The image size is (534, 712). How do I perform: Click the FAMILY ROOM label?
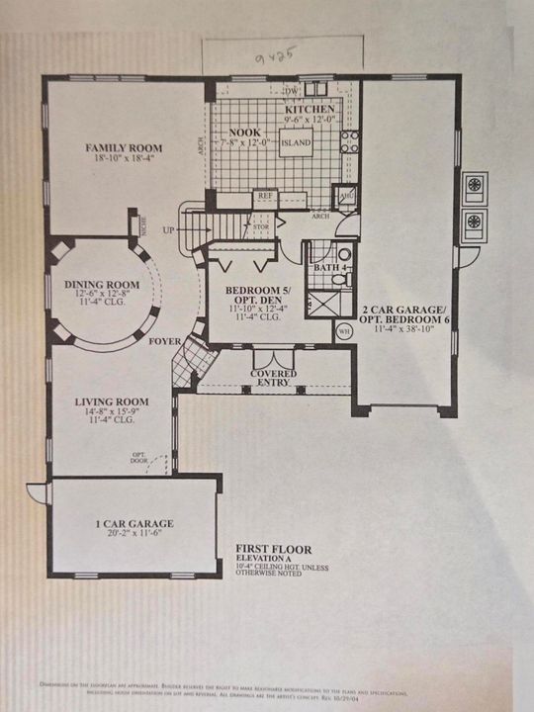[124, 148]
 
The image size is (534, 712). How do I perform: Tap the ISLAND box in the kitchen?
[295, 143]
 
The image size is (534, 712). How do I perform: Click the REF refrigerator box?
[264, 196]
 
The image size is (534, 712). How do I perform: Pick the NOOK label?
[244, 133]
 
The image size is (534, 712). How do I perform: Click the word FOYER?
[164, 343]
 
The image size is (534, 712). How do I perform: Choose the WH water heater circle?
[344, 331]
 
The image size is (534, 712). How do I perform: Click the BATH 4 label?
[327, 267]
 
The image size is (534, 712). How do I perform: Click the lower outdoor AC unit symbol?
[475, 220]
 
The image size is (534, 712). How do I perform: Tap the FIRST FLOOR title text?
[273, 548]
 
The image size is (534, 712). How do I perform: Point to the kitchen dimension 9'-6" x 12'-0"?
[309, 120]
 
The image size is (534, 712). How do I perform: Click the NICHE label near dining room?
[144, 228]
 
